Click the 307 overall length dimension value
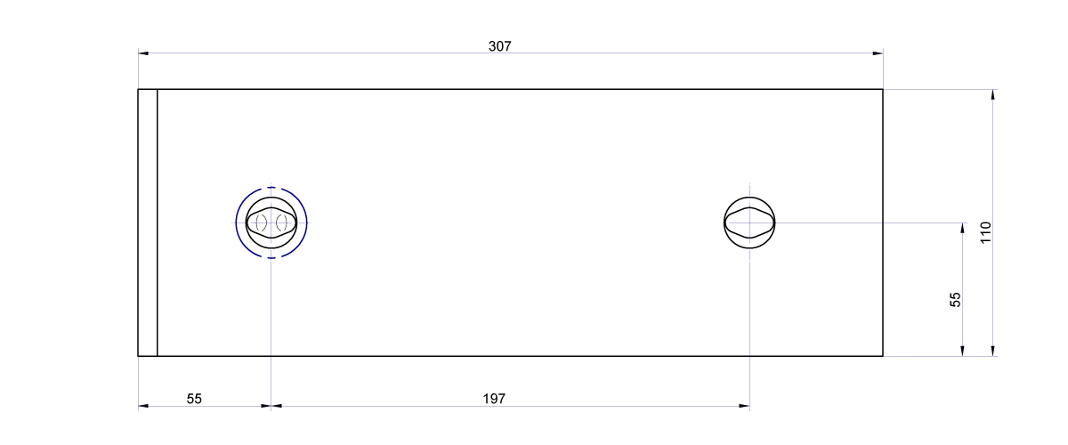pos(499,46)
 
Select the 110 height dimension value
pos(985,232)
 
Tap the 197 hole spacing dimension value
pos(493,399)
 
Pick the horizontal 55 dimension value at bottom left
pos(194,399)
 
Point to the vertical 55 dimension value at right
pos(955,300)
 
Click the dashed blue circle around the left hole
pos(236,222)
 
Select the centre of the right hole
pos(749,222)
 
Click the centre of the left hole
pos(271,222)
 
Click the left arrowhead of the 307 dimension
pos(143,53)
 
